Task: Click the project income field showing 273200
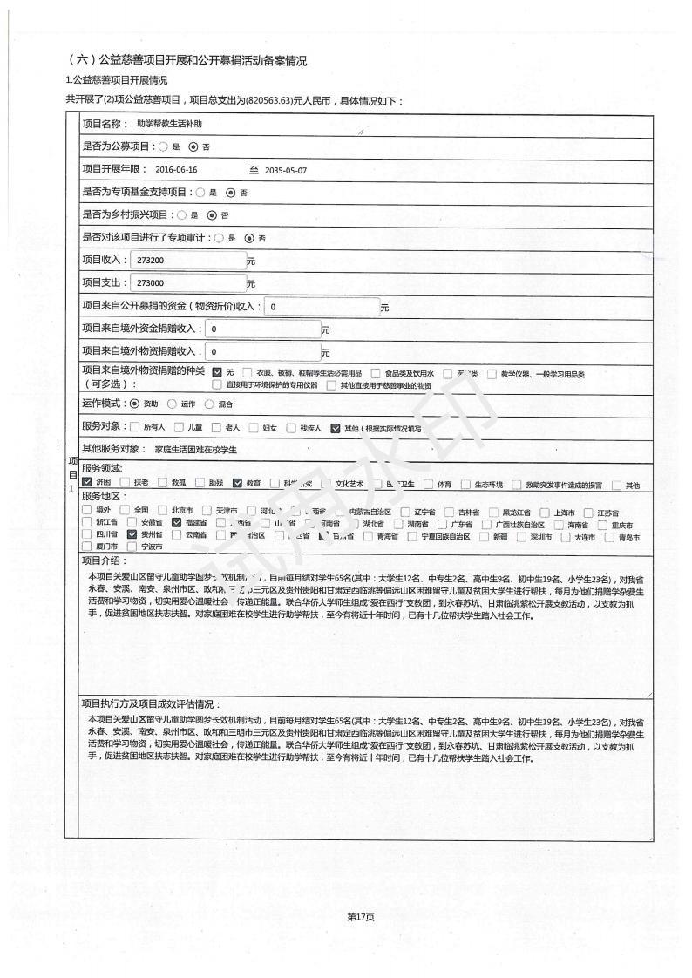tap(187, 261)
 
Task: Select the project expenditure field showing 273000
tap(187, 283)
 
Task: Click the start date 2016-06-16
tap(177, 170)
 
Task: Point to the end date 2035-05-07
tap(286, 170)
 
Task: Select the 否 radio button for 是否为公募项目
tap(193, 146)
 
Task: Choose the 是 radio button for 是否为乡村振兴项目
tap(182, 215)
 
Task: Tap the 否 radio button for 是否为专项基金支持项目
tap(230, 193)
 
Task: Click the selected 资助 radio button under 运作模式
tap(134, 404)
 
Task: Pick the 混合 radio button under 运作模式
tap(209, 404)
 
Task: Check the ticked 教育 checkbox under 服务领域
tap(237, 484)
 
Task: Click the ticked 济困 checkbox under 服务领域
tap(87, 484)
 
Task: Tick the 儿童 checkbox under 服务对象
tap(180, 428)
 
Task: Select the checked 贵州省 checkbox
tap(132, 534)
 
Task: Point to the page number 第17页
tap(360, 916)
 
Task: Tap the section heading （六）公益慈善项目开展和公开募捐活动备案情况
tap(187, 60)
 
